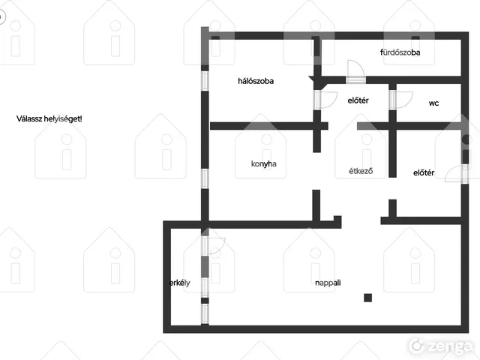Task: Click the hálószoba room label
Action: (x=256, y=81)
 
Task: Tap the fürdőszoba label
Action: (x=400, y=52)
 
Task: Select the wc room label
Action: (x=433, y=103)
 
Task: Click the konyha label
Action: (x=263, y=163)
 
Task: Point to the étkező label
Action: (x=361, y=171)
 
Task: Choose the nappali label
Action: (x=328, y=283)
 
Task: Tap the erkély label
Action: (x=180, y=283)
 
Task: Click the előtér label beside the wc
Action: (x=358, y=100)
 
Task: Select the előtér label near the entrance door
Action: (x=424, y=173)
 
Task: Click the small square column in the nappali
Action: (x=368, y=298)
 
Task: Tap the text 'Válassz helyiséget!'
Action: (x=49, y=118)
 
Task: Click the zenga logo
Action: (x=441, y=346)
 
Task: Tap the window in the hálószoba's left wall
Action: (x=205, y=81)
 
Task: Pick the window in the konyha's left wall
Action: (x=205, y=178)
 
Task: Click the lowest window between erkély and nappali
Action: (x=205, y=313)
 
